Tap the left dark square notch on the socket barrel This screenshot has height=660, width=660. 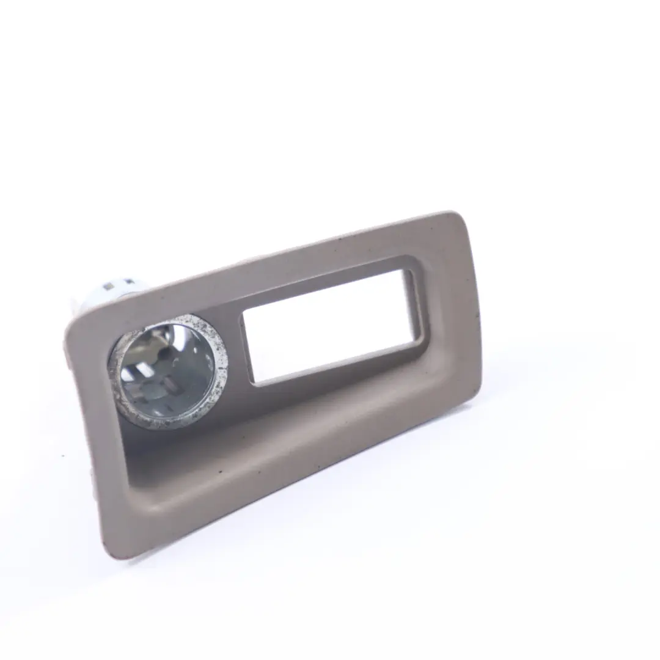[109, 286]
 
